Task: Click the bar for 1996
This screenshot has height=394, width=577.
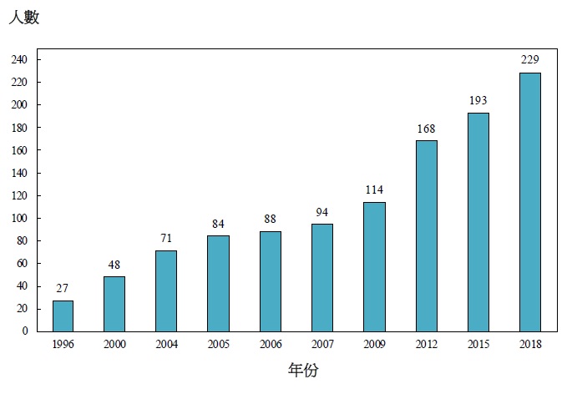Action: [63, 316]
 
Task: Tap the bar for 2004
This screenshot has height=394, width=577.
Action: [166, 290]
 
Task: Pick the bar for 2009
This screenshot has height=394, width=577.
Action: [374, 266]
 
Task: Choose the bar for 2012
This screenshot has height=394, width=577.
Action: [426, 235]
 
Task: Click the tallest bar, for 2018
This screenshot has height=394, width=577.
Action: [530, 202]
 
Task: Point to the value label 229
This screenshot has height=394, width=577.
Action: [530, 59]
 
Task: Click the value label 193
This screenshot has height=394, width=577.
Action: [478, 100]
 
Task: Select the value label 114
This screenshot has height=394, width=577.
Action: [374, 189]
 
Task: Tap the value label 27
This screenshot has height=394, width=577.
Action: [63, 288]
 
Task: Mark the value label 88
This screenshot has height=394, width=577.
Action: [271, 219]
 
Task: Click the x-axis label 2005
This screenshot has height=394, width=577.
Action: [219, 344]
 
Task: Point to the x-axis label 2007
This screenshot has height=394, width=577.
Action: [322, 344]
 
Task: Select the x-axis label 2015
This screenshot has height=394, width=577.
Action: [478, 344]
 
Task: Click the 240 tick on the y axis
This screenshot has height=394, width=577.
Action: [20, 60]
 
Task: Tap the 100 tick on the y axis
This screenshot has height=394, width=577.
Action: [20, 219]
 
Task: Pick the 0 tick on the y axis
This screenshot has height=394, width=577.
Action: [25, 331]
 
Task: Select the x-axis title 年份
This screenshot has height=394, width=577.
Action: [303, 370]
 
